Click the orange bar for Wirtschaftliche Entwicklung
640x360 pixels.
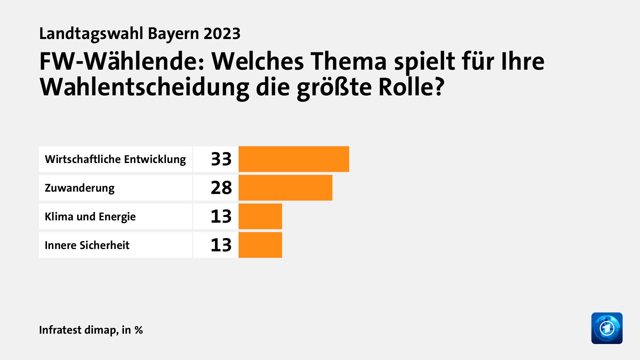[x=294, y=159]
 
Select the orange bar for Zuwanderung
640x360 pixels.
[x=285, y=188]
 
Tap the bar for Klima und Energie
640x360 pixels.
[x=260, y=216]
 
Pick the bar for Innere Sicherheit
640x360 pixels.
[x=260, y=245]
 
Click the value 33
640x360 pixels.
[x=221, y=159]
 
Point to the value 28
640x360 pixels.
[x=221, y=188]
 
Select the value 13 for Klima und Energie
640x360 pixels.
[x=221, y=216]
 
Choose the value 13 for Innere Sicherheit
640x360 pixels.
[x=221, y=245]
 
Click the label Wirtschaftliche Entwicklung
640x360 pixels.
[x=115, y=159]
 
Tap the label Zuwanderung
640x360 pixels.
[x=80, y=188]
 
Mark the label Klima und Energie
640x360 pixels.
[x=90, y=217]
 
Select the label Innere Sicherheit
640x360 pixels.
[x=87, y=245]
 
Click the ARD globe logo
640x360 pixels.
[x=607, y=328]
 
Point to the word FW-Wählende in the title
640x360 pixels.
[x=122, y=61]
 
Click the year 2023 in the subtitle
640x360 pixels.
[x=222, y=34]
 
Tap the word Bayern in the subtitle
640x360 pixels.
[x=173, y=34]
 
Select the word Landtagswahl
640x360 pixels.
[x=91, y=34]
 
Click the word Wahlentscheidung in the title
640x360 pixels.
[x=144, y=87]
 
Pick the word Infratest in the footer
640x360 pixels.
[x=60, y=330]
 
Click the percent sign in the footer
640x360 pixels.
[x=139, y=330]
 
